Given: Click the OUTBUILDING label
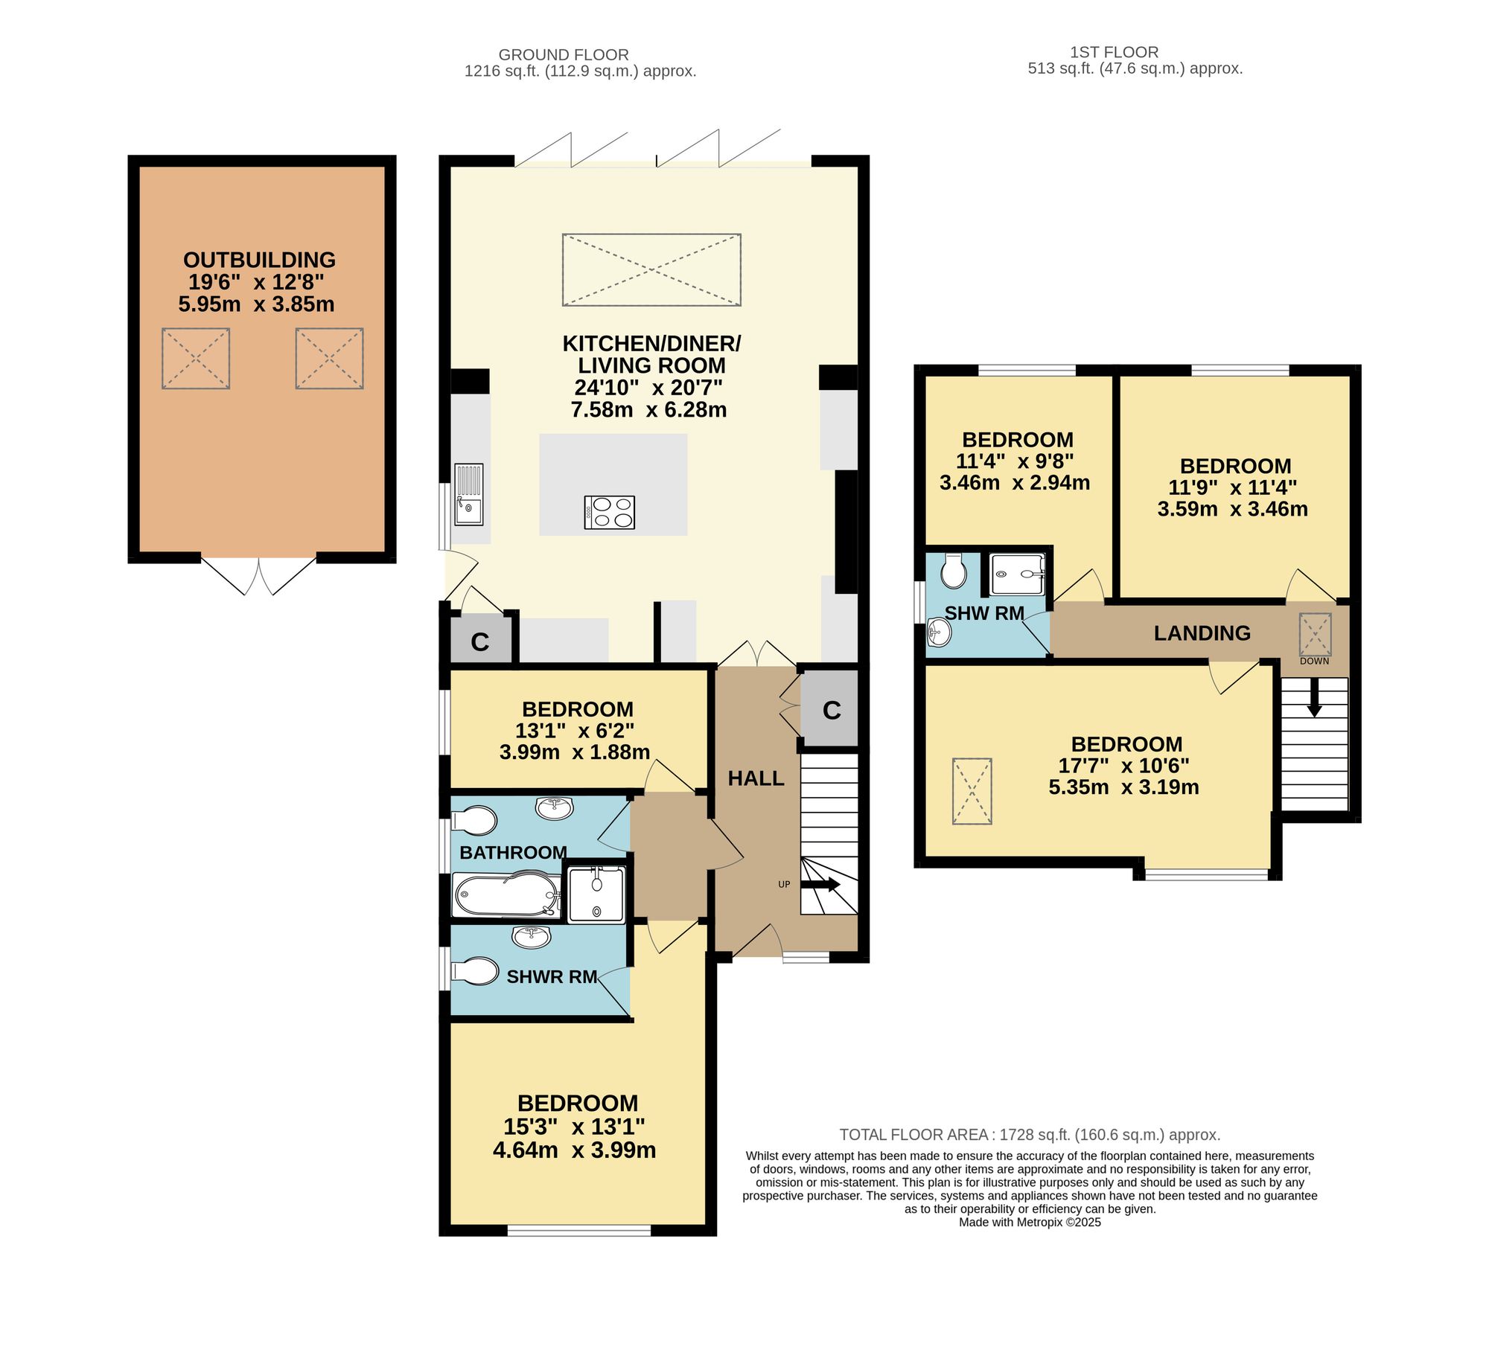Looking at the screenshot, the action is (x=259, y=260).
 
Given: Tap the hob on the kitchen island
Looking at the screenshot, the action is (x=610, y=512).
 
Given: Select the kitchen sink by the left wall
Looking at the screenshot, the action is (x=469, y=494).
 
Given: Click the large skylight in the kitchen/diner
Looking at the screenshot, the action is (x=651, y=269).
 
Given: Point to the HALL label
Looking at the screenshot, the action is (x=756, y=778).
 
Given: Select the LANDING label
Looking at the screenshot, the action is (x=1202, y=633).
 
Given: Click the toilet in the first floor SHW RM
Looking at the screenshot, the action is (x=954, y=571).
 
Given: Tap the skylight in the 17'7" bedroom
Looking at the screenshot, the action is (x=972, y=791).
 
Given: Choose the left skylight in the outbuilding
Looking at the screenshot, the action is (x=196, y=359).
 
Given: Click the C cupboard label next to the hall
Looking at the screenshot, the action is (x=832, y=711).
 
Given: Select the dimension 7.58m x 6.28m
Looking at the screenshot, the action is (x=648, y=410).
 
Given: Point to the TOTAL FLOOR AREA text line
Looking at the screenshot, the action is (x=1030, y=1135).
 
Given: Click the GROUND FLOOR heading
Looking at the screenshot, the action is (x=564, y=54).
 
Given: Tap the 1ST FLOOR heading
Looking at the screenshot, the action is (x=1114, y=52).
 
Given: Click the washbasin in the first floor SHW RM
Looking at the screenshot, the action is (x=940, y=633).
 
